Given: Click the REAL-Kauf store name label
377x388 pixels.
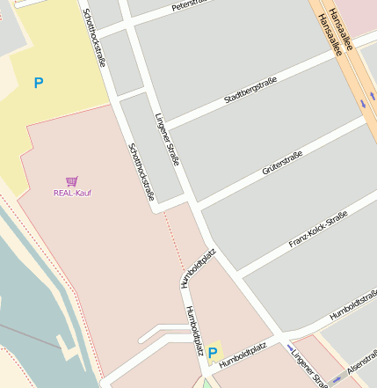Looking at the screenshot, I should click(x=72, y=193).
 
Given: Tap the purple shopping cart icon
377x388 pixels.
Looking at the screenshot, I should click(x=72, y=180).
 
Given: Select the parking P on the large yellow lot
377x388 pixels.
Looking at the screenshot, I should click(x=38, y=84).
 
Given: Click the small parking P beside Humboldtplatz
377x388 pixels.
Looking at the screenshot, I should click(x=212, y=353).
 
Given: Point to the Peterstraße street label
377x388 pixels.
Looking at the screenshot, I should click(x=192, y=5).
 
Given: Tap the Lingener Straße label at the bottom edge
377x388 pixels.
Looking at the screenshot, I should click(x=308, y=370).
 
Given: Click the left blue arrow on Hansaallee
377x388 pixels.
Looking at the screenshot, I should click(x=362, y=105).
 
